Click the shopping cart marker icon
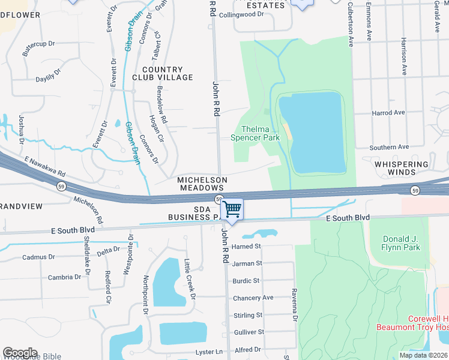coord(232,209)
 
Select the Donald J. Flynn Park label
coord(402,243)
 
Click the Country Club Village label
coord(167,74)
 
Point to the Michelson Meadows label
coord(202,184)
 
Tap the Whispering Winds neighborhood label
coord(402,168)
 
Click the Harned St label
coord(247,247)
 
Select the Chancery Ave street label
coord(253,298)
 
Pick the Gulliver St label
coord(249,332)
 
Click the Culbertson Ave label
coord(351,24)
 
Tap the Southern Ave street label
coord(389,147)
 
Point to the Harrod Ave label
coord(388,113)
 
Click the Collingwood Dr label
coord(241,15)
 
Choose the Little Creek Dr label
coord(190,279)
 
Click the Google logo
coord(20,353)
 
